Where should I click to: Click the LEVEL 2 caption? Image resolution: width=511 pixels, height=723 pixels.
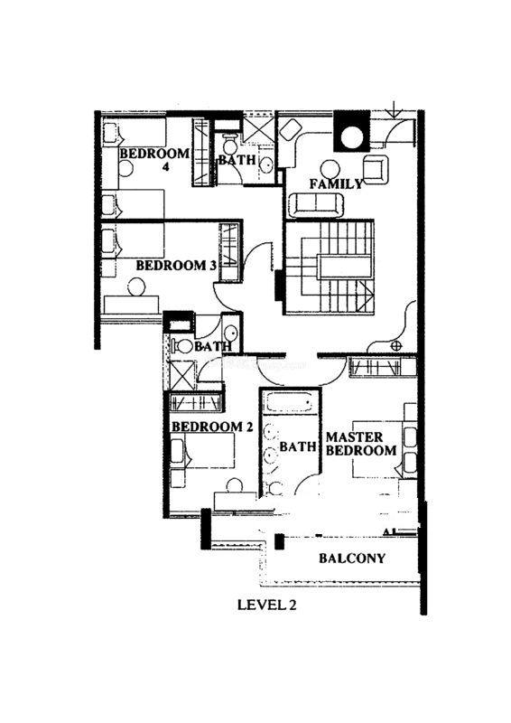[x=267, y=605]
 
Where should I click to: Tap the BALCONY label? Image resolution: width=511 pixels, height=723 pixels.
[x=352, y=559]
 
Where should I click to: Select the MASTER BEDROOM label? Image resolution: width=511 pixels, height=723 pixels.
[x=361, y=444]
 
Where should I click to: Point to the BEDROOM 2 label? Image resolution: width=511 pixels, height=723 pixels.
[x=212, y=427]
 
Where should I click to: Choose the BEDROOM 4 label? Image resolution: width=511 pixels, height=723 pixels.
[x=154, y=159]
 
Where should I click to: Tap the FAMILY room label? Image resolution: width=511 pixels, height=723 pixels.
[x=336, y=184]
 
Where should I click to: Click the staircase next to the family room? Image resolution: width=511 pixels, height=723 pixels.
[x=329, y=268]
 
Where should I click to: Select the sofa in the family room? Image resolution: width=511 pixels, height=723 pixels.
[x=316, y=204]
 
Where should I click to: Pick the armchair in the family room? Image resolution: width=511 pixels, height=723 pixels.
[x=376, y=169]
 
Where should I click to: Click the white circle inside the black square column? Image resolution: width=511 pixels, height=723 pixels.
[x=352, y=137]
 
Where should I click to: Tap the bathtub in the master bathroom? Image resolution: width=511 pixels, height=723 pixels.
[x=290, y=402]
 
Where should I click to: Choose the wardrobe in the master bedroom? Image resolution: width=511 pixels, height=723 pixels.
[x=383, y=368]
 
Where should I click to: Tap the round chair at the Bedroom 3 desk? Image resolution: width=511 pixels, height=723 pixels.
[x=137, y=287]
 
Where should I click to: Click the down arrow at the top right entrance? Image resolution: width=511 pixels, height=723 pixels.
[x=395, y=108]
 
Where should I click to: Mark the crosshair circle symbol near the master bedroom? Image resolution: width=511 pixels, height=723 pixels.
[x=396, y=346]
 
